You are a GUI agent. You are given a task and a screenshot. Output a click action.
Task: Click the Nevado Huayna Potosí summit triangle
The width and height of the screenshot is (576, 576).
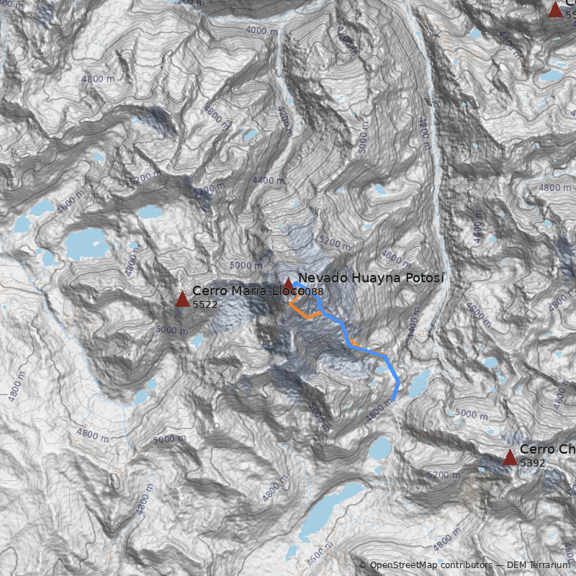tap(288, 284)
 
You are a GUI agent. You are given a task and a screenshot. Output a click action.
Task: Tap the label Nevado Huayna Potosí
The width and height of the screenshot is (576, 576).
tap(371, 278)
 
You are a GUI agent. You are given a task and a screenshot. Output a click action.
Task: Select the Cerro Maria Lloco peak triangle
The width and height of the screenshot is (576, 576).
tap(182, 299)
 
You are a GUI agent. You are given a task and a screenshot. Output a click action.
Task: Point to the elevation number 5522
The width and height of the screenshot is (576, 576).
tap(204, 305)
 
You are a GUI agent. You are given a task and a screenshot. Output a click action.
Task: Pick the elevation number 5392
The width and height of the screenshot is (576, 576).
tap(532, 463)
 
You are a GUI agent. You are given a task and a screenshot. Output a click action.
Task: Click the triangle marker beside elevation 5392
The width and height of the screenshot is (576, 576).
tap(510, 457)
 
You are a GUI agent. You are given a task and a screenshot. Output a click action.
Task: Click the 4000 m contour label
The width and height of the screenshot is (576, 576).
tap(261, 30)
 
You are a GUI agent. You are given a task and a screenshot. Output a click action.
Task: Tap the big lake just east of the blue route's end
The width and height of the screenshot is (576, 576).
tap(419, 382)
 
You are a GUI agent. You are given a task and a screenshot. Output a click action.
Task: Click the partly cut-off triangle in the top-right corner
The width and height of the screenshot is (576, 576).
tap(555, 9)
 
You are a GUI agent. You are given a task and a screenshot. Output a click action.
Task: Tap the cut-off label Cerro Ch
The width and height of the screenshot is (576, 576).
tap(547, 449)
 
